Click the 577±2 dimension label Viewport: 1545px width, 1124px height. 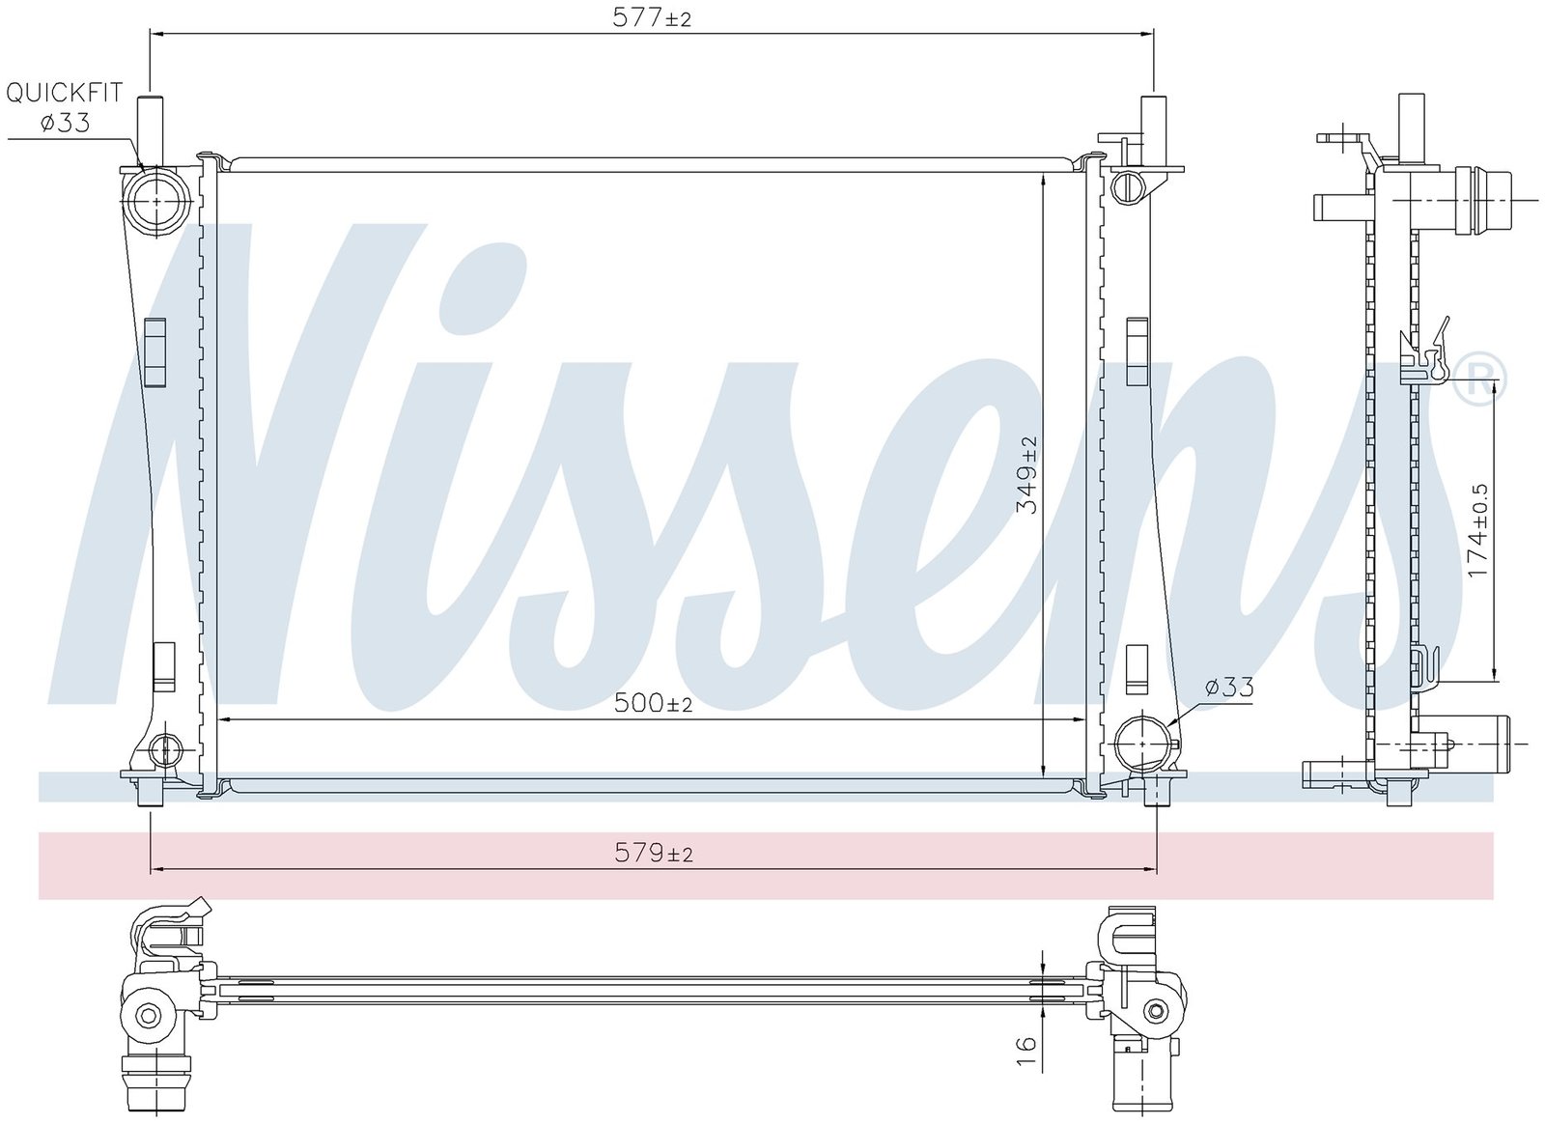point(651,18)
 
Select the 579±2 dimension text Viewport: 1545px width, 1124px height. point(653,854)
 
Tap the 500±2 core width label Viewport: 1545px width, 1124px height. point(653,703)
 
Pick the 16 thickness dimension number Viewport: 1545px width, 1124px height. point(1026,1051)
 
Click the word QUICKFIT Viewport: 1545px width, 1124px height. point(64,92)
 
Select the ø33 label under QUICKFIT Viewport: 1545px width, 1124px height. point(65,123)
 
